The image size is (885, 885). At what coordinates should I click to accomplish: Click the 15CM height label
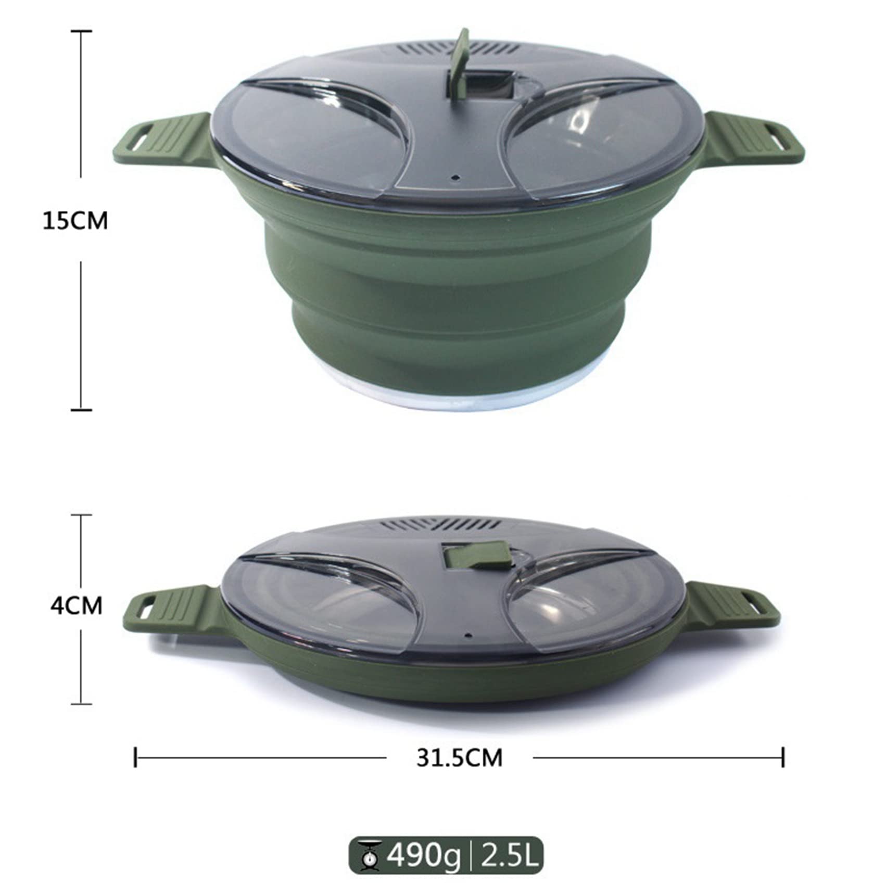75,221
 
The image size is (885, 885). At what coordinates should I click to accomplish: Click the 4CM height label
76,606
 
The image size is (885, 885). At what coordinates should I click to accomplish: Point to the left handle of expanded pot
161,138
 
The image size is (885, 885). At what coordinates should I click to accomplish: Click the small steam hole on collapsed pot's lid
467,636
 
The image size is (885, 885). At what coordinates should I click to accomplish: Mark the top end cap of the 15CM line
81,31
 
